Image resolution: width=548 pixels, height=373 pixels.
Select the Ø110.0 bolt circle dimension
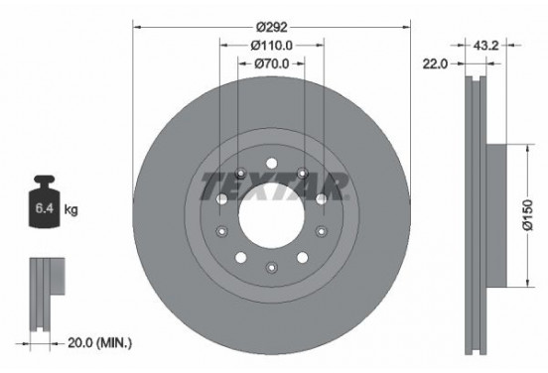pyautogui.click(x=271, y=47)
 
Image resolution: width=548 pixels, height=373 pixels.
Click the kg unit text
pyautogui.click(x=69, y=210)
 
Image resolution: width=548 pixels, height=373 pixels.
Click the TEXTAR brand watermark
pyautogui.click(x=272, y=186)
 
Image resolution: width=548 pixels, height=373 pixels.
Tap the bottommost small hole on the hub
pyautogui.click(x=271, y=264)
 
